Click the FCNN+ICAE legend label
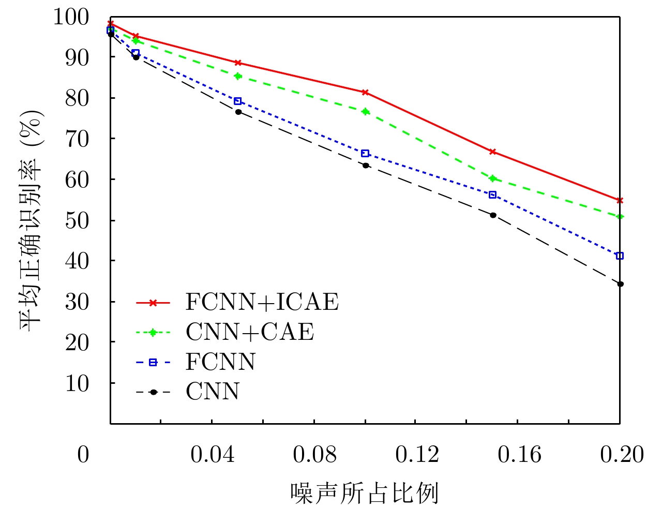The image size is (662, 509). [x=262, y=302]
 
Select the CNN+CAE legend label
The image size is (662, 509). [x=250, y=332]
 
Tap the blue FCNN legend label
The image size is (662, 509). [x=221, y=362]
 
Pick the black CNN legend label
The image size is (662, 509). [x=213, y=392]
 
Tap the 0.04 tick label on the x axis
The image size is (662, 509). [x=212, y=455]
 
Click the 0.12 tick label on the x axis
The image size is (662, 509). [x=416, y=455]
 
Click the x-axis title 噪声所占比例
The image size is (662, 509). [x=365, y=493]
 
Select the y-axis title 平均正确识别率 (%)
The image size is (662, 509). [x=31, y=220]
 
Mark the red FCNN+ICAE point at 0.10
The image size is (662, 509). [x=365, y=92]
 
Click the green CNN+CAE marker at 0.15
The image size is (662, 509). [x=492, y=178]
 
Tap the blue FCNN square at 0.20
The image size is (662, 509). [x=620, y=256]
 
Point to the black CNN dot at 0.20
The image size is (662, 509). [x=620, y=284]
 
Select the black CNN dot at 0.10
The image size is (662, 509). [x=365, y=166]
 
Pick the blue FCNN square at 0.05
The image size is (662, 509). [x=238, y=101]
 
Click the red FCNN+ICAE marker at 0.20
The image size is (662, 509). [x=620, y=200]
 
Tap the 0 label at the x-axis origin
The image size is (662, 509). [x=83, y=455]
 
